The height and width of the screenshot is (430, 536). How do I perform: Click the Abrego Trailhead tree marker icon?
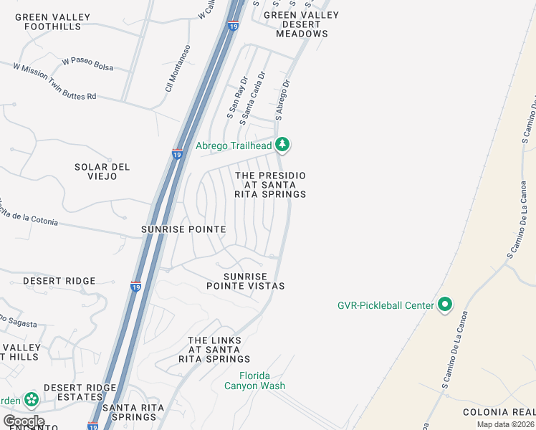[283, 145]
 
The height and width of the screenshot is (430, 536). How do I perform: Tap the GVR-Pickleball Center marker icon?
[444, 305]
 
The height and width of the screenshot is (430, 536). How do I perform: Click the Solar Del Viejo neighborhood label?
[102, 171]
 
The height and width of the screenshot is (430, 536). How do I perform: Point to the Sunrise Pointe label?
[183, 229]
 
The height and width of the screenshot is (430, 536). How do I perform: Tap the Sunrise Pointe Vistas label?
[245, 281]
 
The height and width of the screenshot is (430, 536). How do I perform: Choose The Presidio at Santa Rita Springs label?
[270, 185]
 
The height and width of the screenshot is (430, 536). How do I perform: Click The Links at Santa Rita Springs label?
[219, 350]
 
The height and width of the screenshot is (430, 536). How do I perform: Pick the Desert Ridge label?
[59, 281]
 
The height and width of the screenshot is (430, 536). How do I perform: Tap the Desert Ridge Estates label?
[80, 393]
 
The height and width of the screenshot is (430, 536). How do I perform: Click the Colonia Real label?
[499, 412]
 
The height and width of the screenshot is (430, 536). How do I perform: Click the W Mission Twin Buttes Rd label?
[54, 81]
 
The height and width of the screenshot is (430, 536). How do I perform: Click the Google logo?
[24, 421]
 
